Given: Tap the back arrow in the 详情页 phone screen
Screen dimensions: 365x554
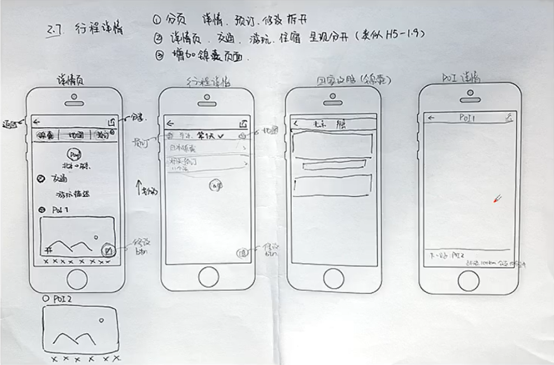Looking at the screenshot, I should click(x=36, y=121).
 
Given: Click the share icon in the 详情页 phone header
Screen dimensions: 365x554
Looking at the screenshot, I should click(x=110, y=121).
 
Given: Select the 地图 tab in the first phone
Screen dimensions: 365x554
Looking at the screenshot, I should click(x=75, y=135).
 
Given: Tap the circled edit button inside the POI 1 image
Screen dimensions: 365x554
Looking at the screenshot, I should click(x=109, y=250).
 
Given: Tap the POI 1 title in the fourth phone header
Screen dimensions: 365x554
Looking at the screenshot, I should click(x=467, y=118).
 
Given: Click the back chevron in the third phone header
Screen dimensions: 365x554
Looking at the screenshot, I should click(x=296, y=124).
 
